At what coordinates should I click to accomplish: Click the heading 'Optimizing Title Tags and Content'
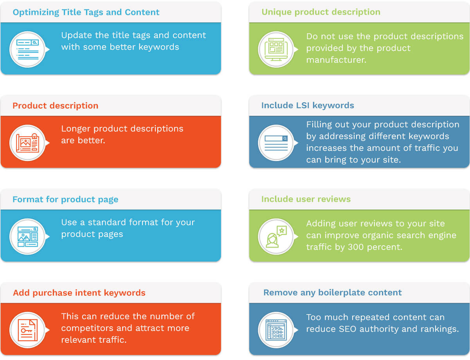[x=86, y=12]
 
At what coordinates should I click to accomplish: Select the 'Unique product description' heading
[x=321, y=12]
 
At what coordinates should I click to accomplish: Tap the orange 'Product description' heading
[x=56, y=106]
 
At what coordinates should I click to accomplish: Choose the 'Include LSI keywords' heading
[x=308, y=106]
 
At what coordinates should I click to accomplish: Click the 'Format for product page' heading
[x=65, y=199]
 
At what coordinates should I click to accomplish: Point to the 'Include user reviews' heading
[x=306, y=199]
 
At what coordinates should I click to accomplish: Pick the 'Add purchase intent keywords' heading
[x=79, y=293]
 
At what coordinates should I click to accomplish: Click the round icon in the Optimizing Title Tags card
[x=27, y=49]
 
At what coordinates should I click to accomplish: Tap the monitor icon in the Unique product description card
[x=276, y=49]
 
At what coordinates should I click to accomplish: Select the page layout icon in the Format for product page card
[x=27, y=237]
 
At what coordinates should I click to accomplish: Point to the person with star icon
[x=276, y=237]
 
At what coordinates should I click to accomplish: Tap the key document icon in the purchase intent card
[x=27, y=330]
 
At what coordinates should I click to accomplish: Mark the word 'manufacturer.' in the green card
[x=336, y=60]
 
